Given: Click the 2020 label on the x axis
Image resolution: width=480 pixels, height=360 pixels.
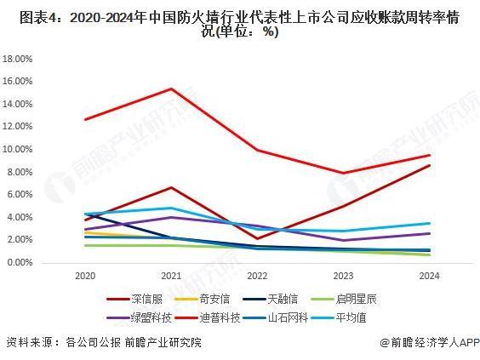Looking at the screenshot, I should (84, 277).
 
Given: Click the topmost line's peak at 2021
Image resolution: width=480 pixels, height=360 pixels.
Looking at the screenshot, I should (172, 89).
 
